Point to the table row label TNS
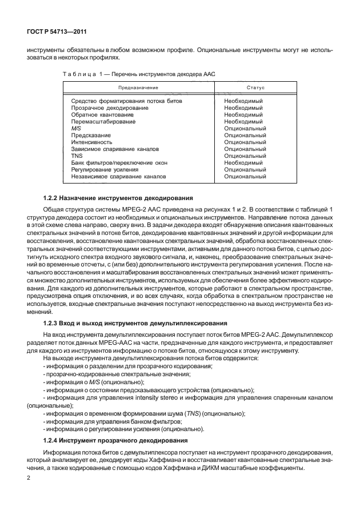click(x=77, y=156)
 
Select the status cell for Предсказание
click(x=245, y=136)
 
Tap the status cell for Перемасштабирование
click(x=243, y=121)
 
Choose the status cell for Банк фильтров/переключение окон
click(x=243, y=163)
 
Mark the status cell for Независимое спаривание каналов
click(x=245, y=177)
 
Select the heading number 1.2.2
click(x=53, y=197)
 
